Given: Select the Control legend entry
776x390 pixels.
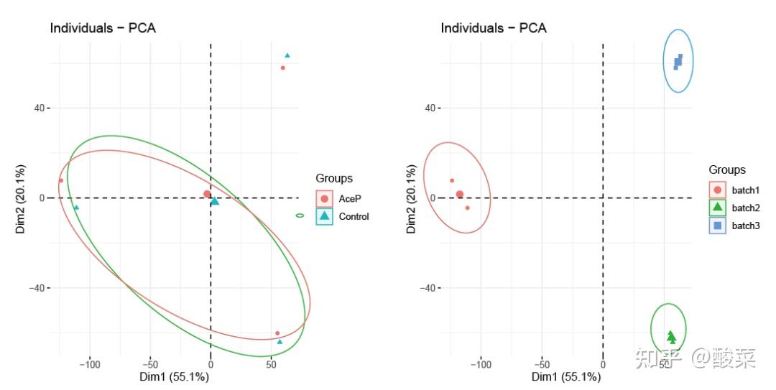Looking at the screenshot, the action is coord(343,216).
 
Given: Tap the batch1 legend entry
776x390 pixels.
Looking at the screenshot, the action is coord(734,190).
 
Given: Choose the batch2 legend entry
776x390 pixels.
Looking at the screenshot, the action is coord(734,208).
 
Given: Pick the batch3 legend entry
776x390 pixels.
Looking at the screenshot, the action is coord(734,226).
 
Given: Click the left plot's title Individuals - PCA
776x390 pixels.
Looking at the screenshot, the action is coord(103,28).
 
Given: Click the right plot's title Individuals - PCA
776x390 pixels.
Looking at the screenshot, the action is coord(494,28).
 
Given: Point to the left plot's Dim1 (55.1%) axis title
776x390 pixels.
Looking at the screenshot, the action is coord(174,377).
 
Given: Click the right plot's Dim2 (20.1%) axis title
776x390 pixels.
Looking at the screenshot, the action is coord(411,199).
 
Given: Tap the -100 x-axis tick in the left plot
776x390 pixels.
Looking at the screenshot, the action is coord(90,366).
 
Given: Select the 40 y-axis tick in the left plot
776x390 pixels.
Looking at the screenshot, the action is coord(39,108).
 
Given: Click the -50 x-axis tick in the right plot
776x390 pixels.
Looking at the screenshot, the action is coord(542,366).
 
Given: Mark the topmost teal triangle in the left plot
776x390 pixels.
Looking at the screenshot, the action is coord(287,55).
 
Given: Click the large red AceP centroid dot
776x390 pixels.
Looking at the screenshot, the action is coord(207,194).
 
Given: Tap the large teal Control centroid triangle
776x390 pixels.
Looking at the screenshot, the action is coord(215,201).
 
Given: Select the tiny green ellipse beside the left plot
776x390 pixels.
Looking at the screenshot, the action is coord(300,215).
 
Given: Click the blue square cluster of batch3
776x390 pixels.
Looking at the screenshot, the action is coord(678,61).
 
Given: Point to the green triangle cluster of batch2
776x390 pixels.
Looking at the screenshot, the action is coord(672,337).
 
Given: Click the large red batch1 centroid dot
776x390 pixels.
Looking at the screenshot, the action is coord(460,195).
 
